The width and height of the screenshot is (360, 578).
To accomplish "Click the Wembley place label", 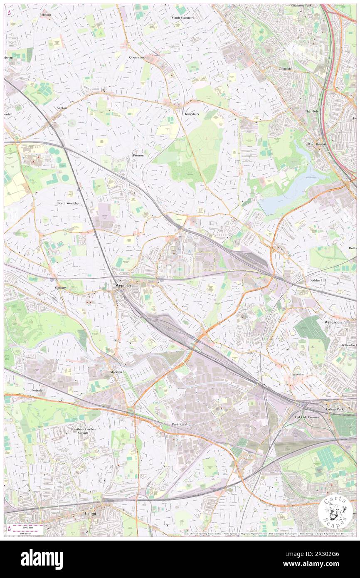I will [x=123, y=286].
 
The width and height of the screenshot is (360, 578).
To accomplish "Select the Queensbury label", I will [x=137, y=57].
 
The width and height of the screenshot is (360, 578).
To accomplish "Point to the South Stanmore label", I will [x=183, y=18].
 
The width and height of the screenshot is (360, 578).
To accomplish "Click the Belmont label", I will [x=45, y=15].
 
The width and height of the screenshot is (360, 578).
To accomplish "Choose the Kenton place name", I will [x=61, y=108].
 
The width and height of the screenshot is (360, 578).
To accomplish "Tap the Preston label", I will [x=138, y=155].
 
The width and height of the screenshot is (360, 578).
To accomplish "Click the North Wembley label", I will [x=68, y=203].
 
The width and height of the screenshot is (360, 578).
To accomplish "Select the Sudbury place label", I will [x=61, y=287].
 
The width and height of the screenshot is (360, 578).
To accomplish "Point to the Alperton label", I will [x=116, y=372].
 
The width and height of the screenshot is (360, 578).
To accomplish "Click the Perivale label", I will [x=37, y=390].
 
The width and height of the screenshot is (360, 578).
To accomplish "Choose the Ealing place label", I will [x=90, y=513].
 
